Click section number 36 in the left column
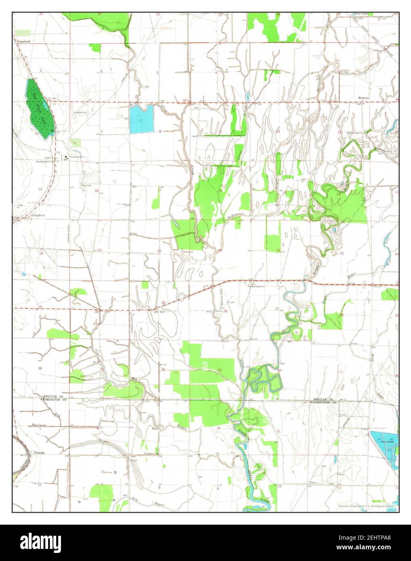[x=40, y=368]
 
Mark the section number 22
[x=278, y=251]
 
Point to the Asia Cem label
[x=87, y=186]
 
